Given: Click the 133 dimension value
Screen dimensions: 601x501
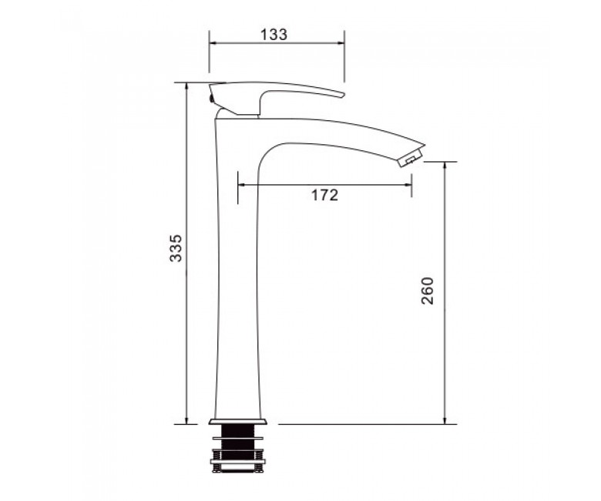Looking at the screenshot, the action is (x=274, y=35).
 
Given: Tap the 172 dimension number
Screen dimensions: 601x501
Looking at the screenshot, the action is (x=324, y=195).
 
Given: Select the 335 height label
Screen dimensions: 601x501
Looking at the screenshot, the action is (x=176, y=247).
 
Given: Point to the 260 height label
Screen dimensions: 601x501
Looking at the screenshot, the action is (x=428, y=291).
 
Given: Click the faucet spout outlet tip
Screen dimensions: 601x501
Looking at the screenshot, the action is (x=411, y=158).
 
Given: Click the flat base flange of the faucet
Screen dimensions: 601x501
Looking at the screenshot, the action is (x=238, y=422).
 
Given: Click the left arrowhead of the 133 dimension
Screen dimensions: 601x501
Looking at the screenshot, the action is (x=213, y=42).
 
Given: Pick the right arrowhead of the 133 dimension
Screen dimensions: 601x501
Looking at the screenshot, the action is (x=341, y=42).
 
